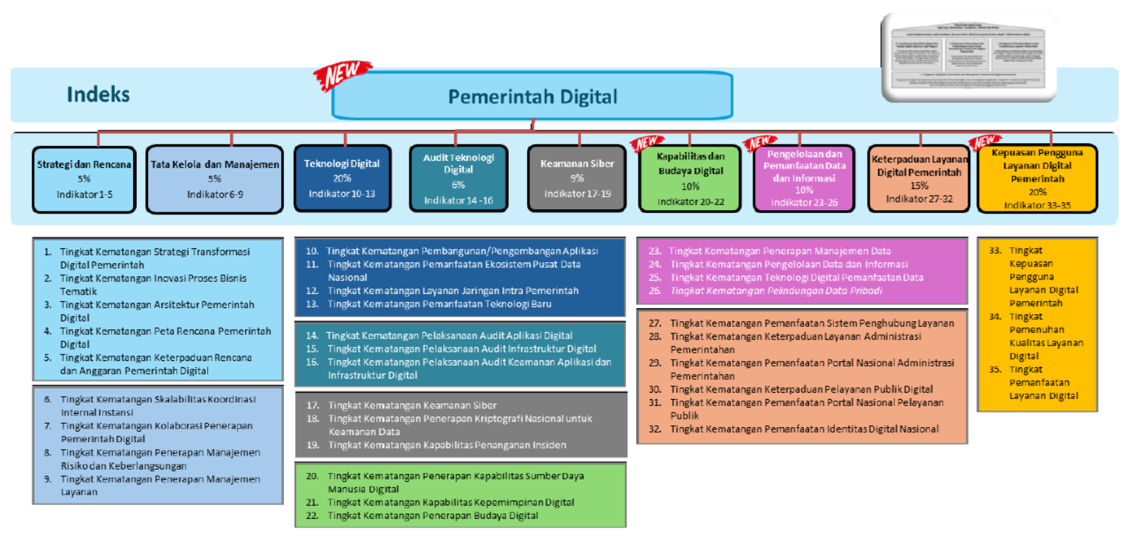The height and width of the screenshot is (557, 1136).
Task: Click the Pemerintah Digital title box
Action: pyautogui.click(x=532, y=97)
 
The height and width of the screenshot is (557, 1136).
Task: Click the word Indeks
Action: pyautogui.click(x=98, y=94)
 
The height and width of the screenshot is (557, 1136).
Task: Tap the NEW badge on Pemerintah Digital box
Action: pyautogui.click(x=342, y=75)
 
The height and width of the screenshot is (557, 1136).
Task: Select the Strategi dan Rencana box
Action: pyautogui.click(x=84, y=179)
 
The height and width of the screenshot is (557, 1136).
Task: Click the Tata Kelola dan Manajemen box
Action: pyautogui.click(x=214, y=179)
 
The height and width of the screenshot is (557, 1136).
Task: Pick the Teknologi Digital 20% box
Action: pyautogui.click(x=342, y=178)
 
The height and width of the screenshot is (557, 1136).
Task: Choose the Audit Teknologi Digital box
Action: pyautogui.click(x=458, y=178)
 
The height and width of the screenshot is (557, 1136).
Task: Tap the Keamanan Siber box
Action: pyautogui.click(x=576, y=178)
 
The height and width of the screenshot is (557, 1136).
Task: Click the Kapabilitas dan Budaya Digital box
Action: pyautogui.click(x=690, y=179)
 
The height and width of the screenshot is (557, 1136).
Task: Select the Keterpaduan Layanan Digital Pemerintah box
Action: pyautogui.click(x=919, y=179)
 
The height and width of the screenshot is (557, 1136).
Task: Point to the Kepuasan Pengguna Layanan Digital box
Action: pyautogui.click(x=1037, y=179)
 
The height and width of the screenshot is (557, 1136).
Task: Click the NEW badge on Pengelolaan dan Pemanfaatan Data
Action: pyautogui.click(x=760, y=143)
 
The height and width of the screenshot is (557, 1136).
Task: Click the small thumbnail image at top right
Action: pyautogui.click(x=968, y=58)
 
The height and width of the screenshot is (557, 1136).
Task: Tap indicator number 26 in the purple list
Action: pyautogui.click(x=655, y=290)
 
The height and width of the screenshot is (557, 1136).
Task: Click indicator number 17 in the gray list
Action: pyautogui.click(x=313, y=405)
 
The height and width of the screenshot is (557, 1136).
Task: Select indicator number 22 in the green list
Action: pyautogui.click(x=312, y=515)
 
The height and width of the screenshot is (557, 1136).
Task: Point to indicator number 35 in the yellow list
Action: pyautogui.click(x=995, y=369)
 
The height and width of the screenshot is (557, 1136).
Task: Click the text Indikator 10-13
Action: pyautogui.click(x=342, y=194)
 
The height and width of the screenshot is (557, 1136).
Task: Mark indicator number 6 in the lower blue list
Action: pyautogui.click(x=48, y=399)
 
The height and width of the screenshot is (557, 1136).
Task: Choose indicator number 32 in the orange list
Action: pyautogui.click(x=655, y=429)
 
